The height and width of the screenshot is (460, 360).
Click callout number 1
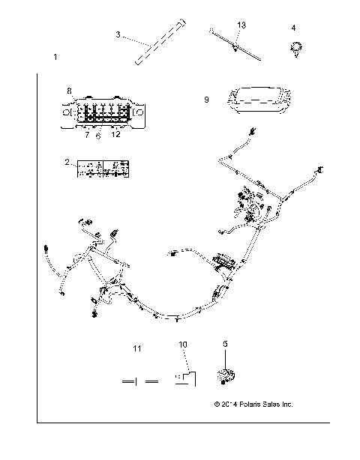pos(55,58)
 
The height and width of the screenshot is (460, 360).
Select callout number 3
pos(118,34)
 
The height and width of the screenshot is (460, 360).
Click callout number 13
pos(241,25)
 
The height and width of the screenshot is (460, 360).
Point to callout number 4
pos(293,28)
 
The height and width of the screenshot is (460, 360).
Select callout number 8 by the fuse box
pos(68,91)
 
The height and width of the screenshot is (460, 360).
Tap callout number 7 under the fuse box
pos(87,135)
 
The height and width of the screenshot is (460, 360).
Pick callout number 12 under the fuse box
pos(115,135)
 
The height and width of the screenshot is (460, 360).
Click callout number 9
pos(205,98)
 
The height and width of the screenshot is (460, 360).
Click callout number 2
pos(67,162)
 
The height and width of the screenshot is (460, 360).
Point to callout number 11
pos(136,349)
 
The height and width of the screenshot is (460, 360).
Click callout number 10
pos(183,344)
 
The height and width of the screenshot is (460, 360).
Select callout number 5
pos(226,344)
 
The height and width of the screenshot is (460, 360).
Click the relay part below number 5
pos(225,376)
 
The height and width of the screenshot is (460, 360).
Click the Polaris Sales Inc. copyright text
pos(253,405)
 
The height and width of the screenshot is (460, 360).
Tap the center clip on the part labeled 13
pos(236,46)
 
